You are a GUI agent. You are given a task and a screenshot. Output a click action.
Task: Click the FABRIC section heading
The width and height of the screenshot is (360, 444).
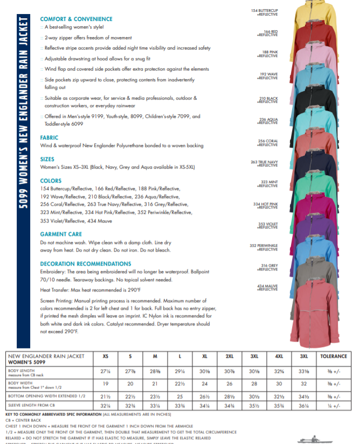49,138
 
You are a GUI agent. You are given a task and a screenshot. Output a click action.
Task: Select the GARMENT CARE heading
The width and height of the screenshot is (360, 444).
61,234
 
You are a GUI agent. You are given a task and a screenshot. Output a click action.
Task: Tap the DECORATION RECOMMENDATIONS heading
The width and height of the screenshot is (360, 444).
85,264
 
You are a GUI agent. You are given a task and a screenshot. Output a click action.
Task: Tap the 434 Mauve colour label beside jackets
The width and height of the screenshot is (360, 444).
267,287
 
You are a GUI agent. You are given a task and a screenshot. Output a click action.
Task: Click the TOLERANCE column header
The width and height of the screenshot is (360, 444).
333,356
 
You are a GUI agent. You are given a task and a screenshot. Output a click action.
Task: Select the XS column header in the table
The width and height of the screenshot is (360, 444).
106,356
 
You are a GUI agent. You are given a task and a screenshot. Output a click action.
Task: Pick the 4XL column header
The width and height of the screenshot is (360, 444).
279,356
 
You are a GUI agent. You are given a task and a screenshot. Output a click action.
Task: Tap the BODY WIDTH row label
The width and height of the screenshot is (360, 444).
20,384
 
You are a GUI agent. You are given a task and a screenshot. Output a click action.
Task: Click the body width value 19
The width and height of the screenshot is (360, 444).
106,384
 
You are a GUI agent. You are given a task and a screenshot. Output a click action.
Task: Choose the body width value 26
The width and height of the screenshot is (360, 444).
229,384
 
